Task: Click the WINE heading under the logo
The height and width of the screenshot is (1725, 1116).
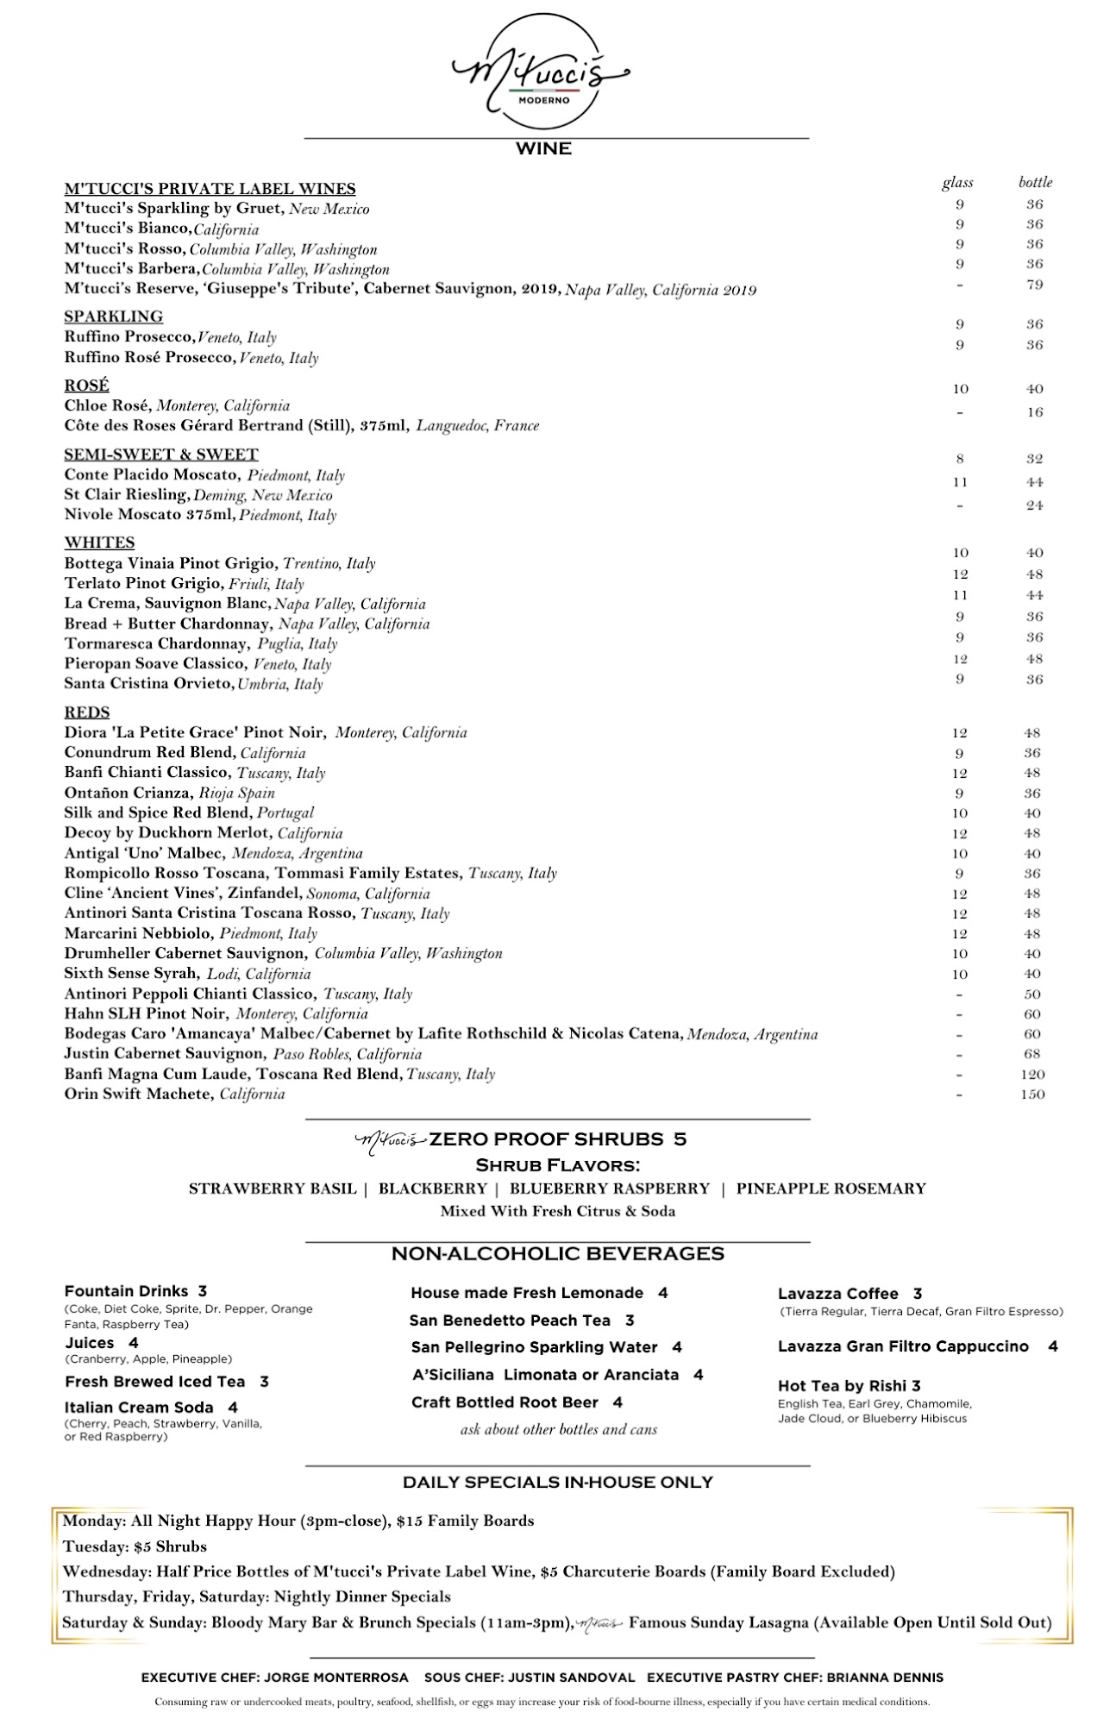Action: click(x=543, y=149)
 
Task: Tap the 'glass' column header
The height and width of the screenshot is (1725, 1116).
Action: click(x=957, y=182)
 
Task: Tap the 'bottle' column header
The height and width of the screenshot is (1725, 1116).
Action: click(x=1035, y=182)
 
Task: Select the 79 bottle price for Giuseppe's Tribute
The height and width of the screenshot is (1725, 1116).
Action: click(x=1035, y=285)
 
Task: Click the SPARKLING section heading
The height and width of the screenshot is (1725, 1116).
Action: click(x=113, y=317)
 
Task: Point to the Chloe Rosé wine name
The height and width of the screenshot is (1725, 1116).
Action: click(x=108, y=405)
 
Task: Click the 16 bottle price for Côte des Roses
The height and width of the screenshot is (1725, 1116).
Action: click(x=1035, y=412)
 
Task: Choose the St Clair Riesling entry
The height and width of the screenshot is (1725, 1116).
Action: click(x=126, y=495)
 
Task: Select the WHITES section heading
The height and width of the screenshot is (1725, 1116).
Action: click(x=99, y=543)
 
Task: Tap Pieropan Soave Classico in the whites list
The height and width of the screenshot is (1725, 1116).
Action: click(x=154, y=663)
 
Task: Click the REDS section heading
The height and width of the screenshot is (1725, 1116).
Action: click(x=87, y=712)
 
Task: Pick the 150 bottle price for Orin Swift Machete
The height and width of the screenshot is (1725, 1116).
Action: click(x=1032, y=1095)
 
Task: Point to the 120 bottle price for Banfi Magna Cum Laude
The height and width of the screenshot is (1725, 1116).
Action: click(x=1032, y=1075)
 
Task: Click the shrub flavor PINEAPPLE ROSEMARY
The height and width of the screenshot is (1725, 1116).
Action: click(x=831, y=1189)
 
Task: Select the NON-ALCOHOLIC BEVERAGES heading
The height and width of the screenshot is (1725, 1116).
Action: click(x=557, y=1253)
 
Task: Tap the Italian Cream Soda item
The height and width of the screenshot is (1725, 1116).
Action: click(x=139, y=1408)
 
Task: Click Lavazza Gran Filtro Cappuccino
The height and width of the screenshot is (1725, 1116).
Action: click(x=903, y=1346)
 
